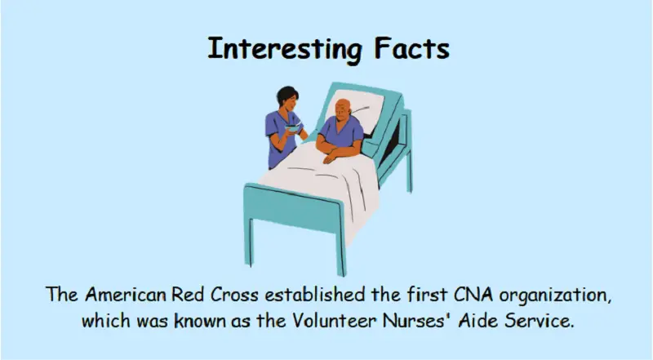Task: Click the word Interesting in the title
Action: [284, 50]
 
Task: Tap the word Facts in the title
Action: [412, 48]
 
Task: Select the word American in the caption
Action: [126, 295]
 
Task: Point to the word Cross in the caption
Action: [234, 295]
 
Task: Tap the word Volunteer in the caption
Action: [334, 321]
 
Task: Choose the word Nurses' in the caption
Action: [418, 321]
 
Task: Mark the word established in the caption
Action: [315, 295]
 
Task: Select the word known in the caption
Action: [199, 321]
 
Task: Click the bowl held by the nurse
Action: [293, 127]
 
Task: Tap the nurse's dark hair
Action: [286, 94]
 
